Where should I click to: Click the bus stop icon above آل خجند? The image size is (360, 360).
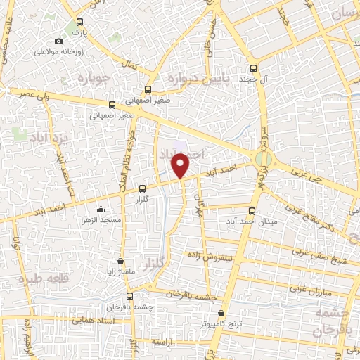coord(254,69)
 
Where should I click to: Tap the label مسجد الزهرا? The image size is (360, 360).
coord(101,220)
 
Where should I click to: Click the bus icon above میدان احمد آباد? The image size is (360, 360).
coord(252,209)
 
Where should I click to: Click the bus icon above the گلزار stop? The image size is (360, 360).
coord(143,188)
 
